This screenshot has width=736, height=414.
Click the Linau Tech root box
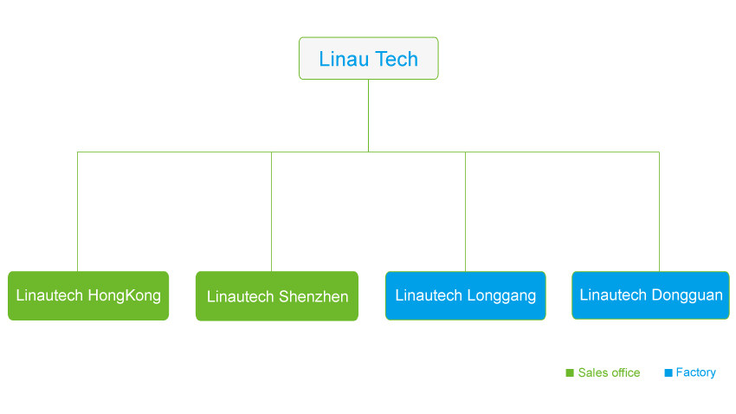(369, 58)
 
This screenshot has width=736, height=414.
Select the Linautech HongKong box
(88, 295)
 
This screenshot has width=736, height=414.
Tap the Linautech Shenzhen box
(277, 296)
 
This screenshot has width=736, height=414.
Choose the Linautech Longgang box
(466, 295)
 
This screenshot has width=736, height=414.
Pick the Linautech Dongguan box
(650, 295)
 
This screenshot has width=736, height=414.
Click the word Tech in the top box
(396, 59)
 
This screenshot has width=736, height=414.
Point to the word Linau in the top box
(344, 59)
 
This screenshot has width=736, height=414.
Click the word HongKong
(125, 295)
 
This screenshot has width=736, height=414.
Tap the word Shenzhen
(313, 297)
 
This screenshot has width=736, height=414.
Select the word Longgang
(501, 295)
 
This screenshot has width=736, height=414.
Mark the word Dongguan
(688, 295)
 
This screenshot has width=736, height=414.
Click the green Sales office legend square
(570, 372)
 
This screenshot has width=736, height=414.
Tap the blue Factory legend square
(668, 372)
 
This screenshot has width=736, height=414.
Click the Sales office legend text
(609, 372)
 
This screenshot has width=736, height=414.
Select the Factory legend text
(695, 372)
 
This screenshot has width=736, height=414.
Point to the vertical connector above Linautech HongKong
(77, 211)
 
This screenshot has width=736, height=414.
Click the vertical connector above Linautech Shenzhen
(271, 211)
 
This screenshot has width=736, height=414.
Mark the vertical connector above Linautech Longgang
(465, 211)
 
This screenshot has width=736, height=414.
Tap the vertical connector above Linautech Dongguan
(659, 211)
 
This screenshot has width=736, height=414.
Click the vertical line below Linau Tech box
(369, 115)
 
